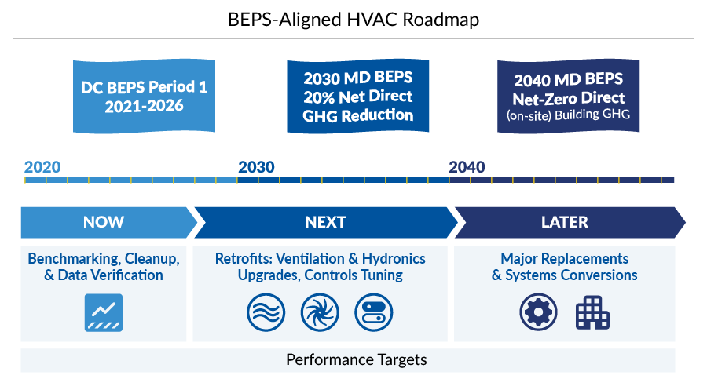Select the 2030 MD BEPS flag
tap(357, 97)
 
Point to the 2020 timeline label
tap(42, 167)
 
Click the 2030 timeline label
tap(256, 167)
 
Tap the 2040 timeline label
tap(467, 167)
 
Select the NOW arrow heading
tap(104, 222)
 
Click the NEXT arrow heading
tap(325, 222)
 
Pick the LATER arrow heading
tap(564, 222)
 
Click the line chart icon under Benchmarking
tap(104, 312)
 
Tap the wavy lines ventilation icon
tap(266, 312)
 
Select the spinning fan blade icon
tap(320, 312)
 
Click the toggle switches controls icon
tap(373, 312)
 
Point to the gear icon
tap(538, 312)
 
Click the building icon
tap(592, 312)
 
